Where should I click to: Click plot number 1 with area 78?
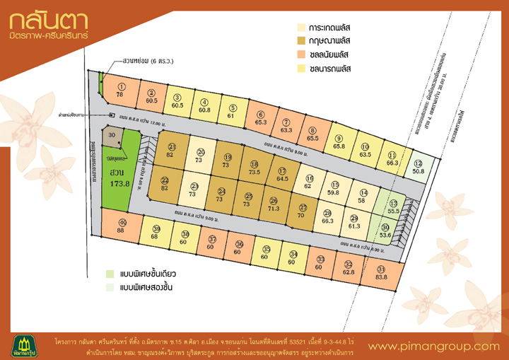point(120,91)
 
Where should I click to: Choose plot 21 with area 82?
point(170,150)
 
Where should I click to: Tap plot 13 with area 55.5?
point(393,207)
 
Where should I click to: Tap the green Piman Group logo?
point(25,342)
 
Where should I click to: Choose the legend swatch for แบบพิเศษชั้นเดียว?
point(110,274)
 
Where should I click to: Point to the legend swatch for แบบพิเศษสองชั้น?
point(110,288)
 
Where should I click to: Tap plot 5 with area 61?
point(230,112)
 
